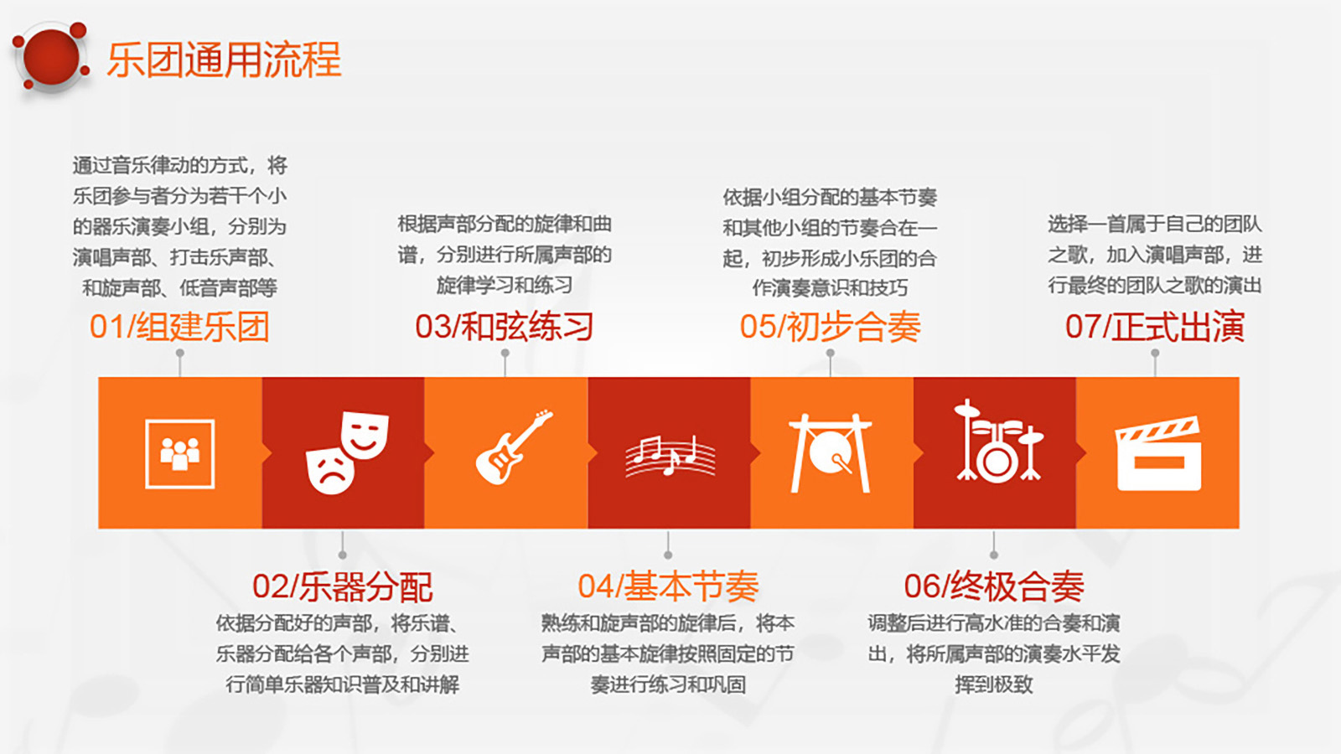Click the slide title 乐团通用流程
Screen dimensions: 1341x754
[224, 59]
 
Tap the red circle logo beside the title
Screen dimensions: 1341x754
[51, 57]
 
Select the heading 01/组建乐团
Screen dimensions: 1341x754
[179, 327]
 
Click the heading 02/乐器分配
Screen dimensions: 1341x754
[343, 586]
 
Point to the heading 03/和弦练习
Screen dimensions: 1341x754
[505, 327]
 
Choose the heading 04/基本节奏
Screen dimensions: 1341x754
[668, 586]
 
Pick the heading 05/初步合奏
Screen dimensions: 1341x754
[831, 327]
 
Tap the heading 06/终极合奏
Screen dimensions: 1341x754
[994, 586]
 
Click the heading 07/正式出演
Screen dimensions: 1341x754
[1155, 327]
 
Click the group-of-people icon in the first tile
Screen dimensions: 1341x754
[179, 453]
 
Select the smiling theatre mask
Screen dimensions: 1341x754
[364, 435]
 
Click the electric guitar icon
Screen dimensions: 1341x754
[513, 447]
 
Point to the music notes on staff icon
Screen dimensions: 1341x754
[670, 456]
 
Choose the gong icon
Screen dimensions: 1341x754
[831, 453]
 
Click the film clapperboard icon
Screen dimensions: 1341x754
[1158, 453]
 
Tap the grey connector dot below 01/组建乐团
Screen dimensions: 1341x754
[179, 354]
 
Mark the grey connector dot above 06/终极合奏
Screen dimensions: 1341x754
[994, 555]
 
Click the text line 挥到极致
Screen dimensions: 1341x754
[994, 684]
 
